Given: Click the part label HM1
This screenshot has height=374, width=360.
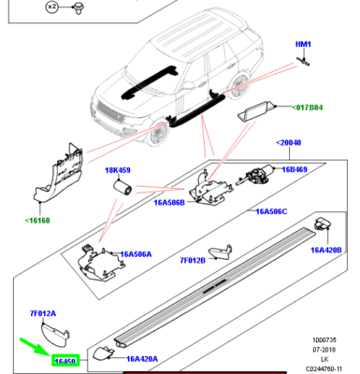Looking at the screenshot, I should coord(303,44).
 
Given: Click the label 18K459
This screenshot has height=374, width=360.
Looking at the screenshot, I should coord(118,170).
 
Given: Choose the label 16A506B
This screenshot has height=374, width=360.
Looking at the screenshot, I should coord(169,202).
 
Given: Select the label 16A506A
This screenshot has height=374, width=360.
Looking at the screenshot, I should coord(136,253).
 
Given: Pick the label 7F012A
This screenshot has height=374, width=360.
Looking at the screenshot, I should coord(43,313).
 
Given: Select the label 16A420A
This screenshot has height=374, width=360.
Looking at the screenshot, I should coord(142,357).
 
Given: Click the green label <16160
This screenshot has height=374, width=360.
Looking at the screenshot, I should coord(38,222).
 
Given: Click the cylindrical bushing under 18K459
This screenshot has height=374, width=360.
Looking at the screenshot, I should coord(120,190).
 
